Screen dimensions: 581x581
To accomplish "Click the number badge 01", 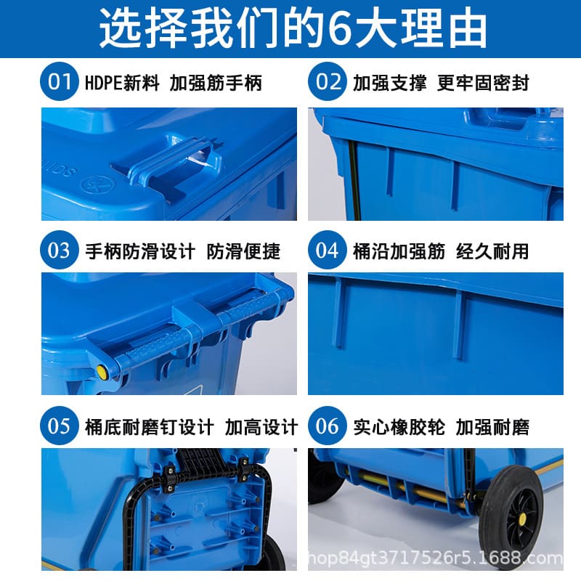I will [x=59, y=82].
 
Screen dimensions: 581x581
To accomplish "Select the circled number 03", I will [x=59, y=251].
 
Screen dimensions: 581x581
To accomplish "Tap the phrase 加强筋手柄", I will [x=216, y=83].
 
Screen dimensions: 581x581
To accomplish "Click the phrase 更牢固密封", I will [x=483, y=83].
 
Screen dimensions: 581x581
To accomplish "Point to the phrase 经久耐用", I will [x=492, y=252].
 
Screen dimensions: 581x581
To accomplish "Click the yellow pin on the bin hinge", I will [x=102, y=373].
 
